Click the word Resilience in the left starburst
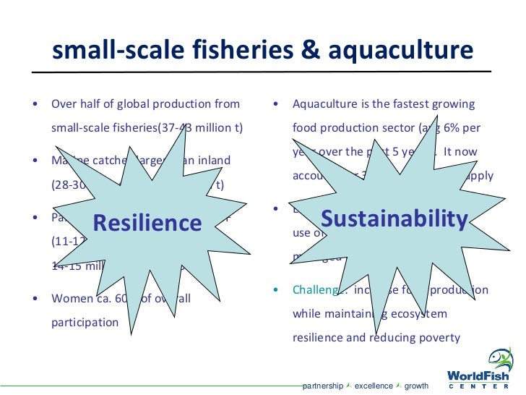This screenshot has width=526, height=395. pos(147,223)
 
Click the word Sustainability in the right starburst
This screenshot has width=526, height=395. pos(394,218)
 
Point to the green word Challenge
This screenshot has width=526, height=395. pos(316,290)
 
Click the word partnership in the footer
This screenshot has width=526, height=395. pos(322,386)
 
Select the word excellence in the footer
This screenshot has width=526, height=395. pos(374,386)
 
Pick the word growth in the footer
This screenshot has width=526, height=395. pos(416,386)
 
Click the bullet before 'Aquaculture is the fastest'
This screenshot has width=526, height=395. pos(277,104)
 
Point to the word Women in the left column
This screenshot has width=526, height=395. pos(72,298)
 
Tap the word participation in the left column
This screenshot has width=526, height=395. pos(85,322)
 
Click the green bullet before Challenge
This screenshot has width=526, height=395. pos(277,290)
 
